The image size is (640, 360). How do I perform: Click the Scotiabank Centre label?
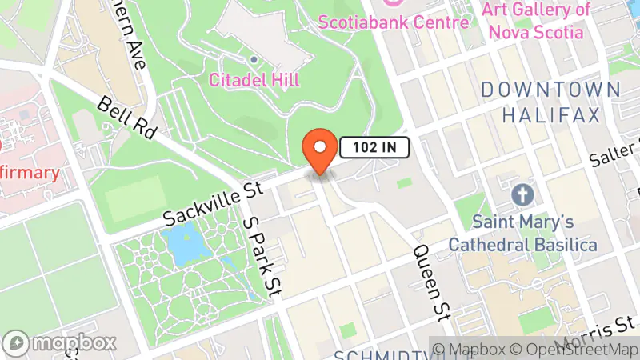coord(394,22)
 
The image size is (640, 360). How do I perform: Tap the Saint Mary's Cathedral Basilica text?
coord(523,232)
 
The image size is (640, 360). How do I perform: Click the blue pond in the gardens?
coord(183,243)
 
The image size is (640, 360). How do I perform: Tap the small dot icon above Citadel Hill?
coord(254,59)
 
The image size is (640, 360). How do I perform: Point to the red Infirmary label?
coord(30,173)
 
